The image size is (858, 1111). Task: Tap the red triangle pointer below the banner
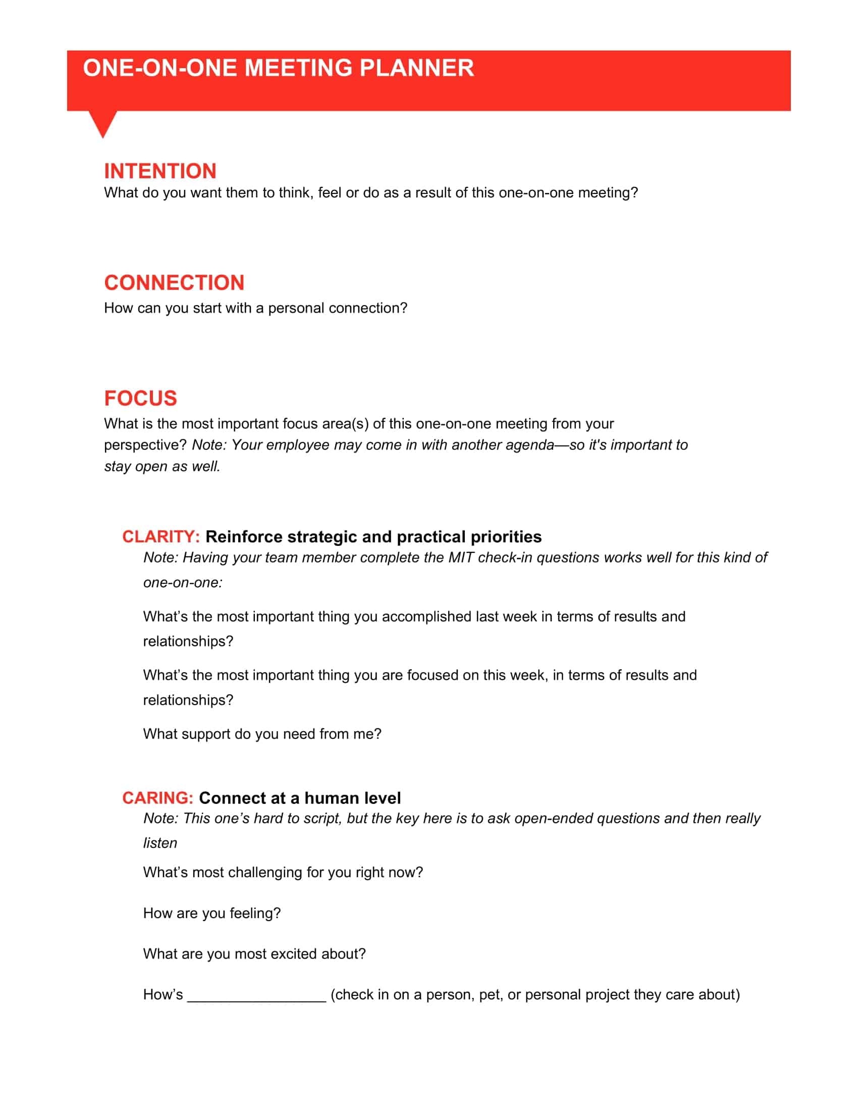pyautogui.click(x=102, y=122)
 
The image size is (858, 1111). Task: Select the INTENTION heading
pyautogui.click(x=160, y=171)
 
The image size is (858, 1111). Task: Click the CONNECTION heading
pyautogui.click(x=174, y=283)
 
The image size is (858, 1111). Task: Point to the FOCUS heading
pyautogui.click(x=140, y=398)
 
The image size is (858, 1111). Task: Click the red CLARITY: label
pyautogui.click(x=160, y=537)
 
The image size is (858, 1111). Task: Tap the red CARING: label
pyautogui.click(x=157, y=797)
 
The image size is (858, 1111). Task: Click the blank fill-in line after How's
pyautogui.click(x=257, y=994)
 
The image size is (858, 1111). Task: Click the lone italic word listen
pyautogui.click(x=160, y=843)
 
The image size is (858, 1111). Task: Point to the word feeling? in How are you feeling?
pyautogui.click(x=255, y=913)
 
